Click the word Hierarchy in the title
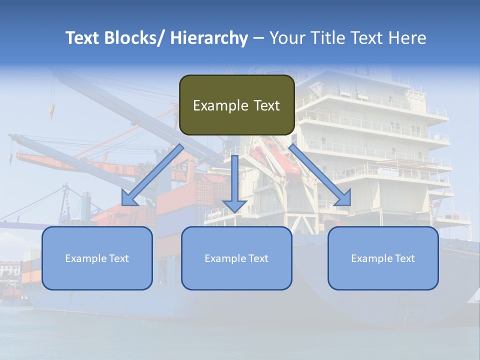click(x=208, y=38)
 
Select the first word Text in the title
click(x=83, y=38)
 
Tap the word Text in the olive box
click(x=265, y=105)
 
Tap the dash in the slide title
click(x=258, y=38)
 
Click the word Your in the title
click(x=287, y=38)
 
